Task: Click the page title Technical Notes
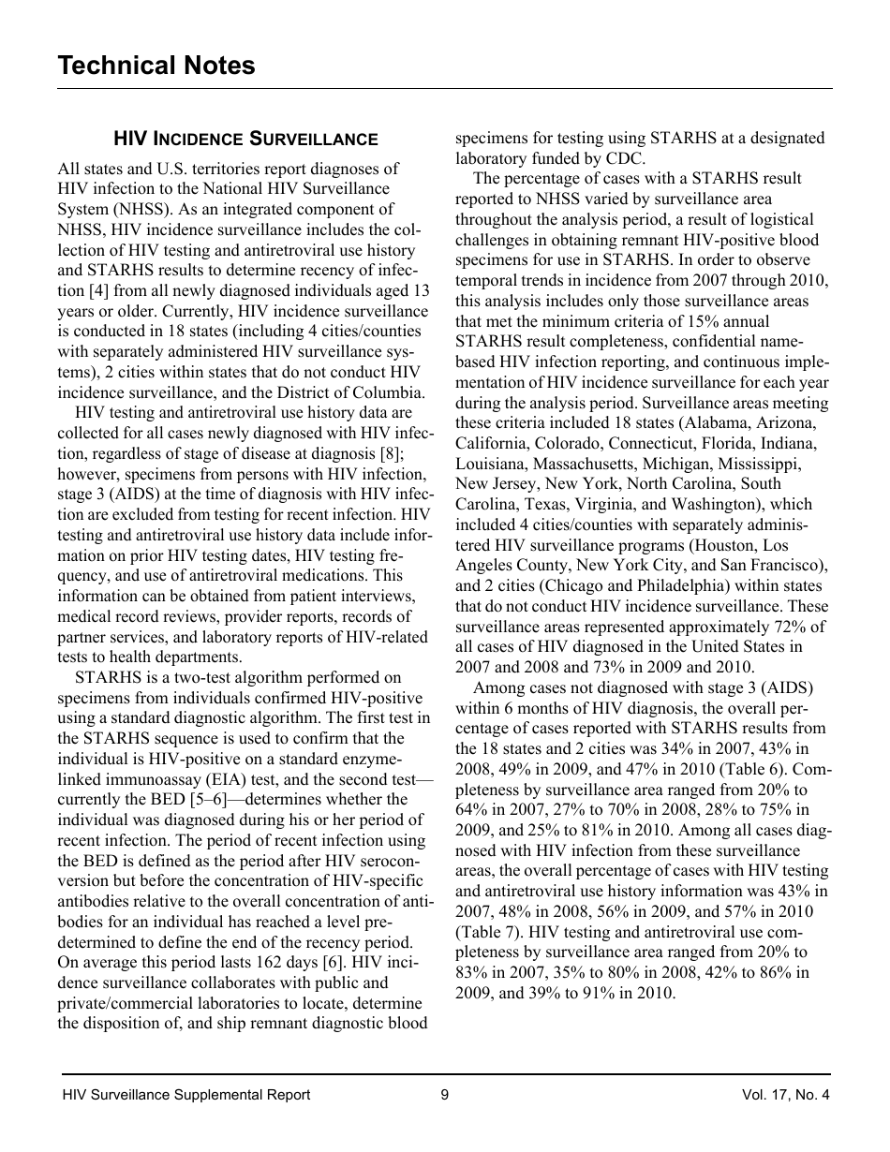(x=156, y=66)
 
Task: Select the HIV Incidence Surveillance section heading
(x=245, y=140)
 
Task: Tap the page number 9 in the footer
(x=444, y=1095)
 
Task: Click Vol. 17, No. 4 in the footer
(x=784, y=1095)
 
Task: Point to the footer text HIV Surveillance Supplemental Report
(x=185, y=1095)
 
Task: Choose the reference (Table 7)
(x=492, y=932)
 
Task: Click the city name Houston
(x=726, y=545)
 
